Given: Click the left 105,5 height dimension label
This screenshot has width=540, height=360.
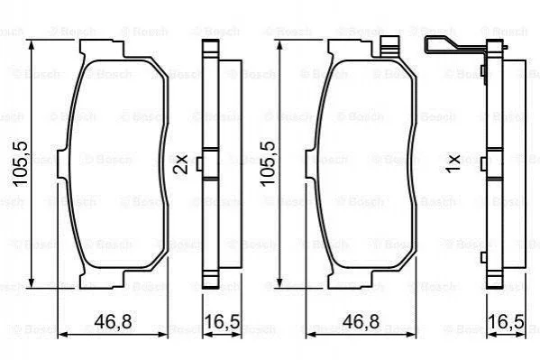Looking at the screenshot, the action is click(x=20, y=164).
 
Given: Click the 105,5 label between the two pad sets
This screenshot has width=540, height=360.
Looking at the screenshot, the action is click(x=268, y=164).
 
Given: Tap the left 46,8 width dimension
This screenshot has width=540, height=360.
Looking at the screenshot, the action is click(x=113, y=321).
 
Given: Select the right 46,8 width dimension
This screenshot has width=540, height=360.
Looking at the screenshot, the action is click(x=361, y=321).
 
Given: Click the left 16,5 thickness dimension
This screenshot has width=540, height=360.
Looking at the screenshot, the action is click(x=223, y=321).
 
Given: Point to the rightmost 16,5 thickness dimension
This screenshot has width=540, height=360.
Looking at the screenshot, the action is click(x=507, y=321).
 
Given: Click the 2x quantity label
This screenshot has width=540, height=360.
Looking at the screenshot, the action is click(x=180, y=164).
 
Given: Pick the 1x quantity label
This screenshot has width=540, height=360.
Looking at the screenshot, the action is click(x=453, y=164).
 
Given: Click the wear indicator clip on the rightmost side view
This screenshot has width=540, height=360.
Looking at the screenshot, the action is click(x=458, y=49).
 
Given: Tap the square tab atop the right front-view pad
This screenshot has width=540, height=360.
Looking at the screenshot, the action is click(x=390, y=46).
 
